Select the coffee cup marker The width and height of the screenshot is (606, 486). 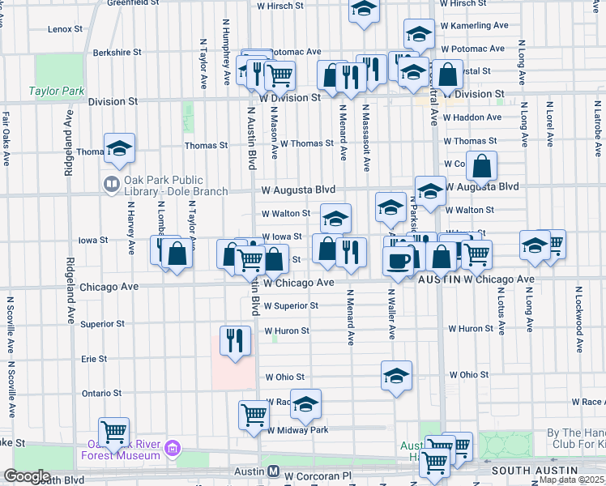point(398,262)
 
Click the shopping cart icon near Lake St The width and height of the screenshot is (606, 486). point(113,431)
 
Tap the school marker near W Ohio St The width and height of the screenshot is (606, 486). point(396,375)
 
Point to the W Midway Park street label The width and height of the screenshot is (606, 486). point(298,430)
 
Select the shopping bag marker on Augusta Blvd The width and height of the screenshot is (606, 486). point(481,168)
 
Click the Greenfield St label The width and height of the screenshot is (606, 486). point(134,3)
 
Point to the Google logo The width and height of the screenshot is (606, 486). point(27,476)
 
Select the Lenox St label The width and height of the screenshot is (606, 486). point(66,28)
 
